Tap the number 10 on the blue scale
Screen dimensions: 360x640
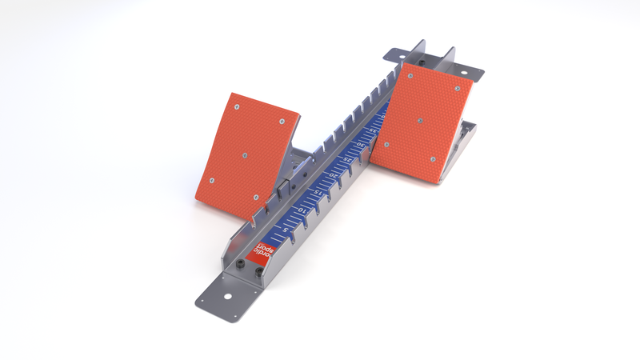click(x=302, y=211)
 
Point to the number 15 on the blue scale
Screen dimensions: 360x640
click(x=318, y=193)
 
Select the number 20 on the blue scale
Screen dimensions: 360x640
click(x=334, y=174)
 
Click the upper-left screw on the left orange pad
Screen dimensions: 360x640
click(x=237, y=106)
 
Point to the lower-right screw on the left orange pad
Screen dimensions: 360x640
click(x=255, y=198)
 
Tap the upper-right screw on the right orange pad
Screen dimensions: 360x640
click(x=456, y=87)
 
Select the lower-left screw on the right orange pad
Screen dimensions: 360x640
click(x=387, y=146)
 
